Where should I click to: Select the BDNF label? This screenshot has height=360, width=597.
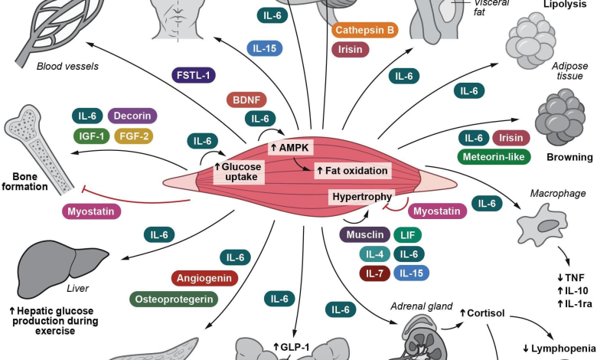(246, 100)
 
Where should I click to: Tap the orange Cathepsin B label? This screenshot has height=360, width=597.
(364, 31)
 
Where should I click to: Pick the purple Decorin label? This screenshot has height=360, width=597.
(132, 116)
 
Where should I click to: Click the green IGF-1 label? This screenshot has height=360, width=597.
(91, 137)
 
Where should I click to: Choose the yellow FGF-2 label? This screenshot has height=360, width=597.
(135, 137)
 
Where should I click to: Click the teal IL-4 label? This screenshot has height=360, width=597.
(374, 253)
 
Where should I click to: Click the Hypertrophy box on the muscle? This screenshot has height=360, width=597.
(361, 197)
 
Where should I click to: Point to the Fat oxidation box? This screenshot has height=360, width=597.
(351, 170)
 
